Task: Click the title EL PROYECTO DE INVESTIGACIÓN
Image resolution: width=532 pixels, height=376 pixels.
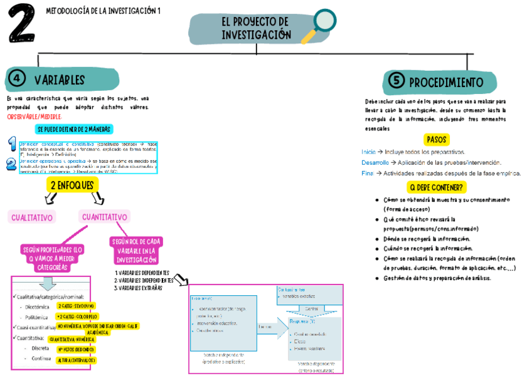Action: tap(256, 29)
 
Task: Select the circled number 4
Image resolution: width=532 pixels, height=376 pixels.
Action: tap(17, 79)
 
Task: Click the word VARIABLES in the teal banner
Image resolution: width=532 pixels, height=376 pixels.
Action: tap(60, 80)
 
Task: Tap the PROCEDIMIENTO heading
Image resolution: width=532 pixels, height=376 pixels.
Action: tap(446, 82)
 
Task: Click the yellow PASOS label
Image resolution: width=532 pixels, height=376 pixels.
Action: tap(436, 139)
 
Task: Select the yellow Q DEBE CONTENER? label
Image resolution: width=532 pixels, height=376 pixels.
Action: tap(436, 187)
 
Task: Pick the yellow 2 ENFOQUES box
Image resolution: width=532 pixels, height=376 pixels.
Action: tap(72, 185)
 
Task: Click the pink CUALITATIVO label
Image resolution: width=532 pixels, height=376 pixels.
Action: tap(31, 217)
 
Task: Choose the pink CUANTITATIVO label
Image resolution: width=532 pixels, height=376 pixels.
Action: tap(105, 217)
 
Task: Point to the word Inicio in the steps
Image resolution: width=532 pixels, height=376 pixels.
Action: tap(369, 152)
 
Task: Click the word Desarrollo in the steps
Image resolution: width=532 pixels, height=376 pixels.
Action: tap(375, 163)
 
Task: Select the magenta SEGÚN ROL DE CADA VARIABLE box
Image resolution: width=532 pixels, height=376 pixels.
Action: tap(136, 251)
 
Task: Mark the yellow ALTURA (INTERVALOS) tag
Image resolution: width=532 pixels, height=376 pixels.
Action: tap(76, 360)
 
